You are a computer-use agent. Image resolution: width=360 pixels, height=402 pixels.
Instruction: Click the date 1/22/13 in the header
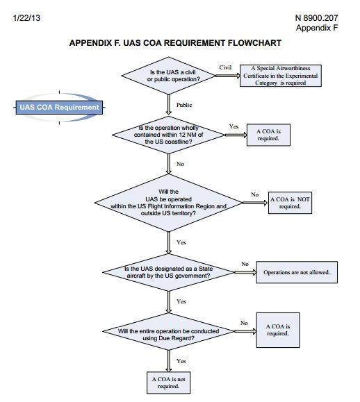point(25,16)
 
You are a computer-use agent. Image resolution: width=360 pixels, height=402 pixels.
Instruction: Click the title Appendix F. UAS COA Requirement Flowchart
point(175,43)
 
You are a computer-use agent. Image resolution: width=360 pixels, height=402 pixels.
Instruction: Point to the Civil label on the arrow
point(224,67)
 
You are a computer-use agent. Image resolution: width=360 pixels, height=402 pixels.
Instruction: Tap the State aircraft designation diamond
point(169,271)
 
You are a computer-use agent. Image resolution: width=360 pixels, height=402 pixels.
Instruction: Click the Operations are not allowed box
point(297,272)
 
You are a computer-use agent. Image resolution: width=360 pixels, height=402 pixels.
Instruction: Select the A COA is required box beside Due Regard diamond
point(277,329)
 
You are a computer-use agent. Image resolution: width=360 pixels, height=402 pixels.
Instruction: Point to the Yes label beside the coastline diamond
point(234,126)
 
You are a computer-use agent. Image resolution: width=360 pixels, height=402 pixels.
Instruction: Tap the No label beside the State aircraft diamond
point(245,264)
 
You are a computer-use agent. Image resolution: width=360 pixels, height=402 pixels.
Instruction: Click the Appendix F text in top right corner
point(316,28)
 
